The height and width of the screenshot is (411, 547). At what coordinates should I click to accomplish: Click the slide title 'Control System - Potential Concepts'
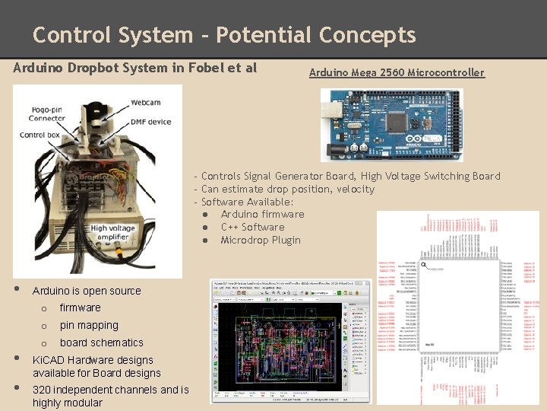click(224, 35)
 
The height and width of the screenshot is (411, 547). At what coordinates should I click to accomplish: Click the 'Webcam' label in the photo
click(145, 102)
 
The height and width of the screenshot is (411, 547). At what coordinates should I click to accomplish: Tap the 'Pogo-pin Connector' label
click(47, 113)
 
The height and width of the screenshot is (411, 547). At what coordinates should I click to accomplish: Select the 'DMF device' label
click(150, 122)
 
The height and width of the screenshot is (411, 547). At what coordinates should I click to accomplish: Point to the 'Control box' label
click(40, 135)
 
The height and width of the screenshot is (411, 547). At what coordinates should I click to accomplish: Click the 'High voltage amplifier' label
click(112, 233)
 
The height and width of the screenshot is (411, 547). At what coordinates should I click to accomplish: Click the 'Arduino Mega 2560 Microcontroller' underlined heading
click(396, 73)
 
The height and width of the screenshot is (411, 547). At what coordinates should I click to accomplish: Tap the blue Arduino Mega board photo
click(390, 125)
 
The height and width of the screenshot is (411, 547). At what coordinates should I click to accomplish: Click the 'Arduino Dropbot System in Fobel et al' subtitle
click(135, 68)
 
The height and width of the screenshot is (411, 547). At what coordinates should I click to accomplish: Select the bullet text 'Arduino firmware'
click(262, 215)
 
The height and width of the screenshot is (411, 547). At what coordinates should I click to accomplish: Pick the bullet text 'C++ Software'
click(252, 228)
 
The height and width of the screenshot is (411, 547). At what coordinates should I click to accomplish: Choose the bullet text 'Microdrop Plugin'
click(261, 241)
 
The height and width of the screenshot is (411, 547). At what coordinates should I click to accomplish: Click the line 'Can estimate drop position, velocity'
click(287, 189)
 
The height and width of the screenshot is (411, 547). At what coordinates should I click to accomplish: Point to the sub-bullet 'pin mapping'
click(89, 325)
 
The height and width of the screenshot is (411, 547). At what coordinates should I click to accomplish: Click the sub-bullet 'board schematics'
click(101, 342)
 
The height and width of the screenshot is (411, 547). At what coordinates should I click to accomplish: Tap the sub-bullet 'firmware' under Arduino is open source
click(80, 307)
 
